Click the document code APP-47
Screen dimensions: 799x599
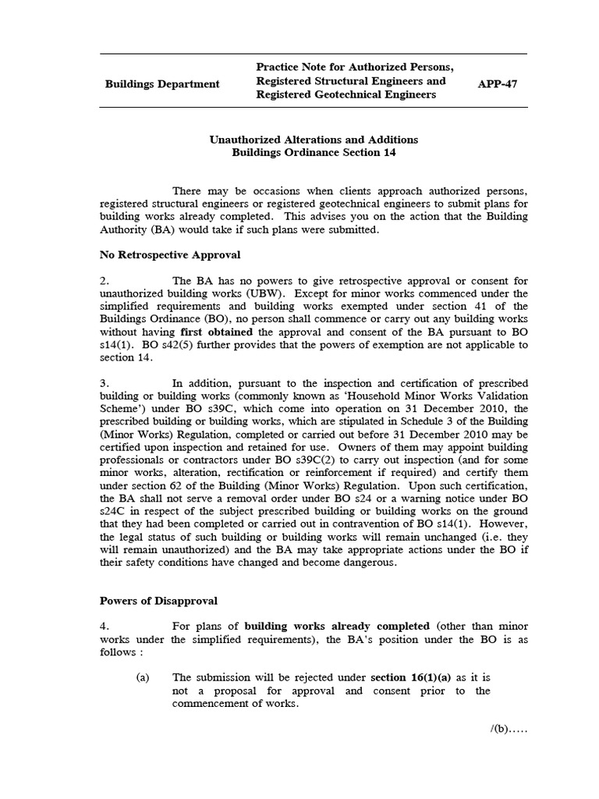click(499, 81)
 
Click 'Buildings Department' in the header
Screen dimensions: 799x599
click(162, 84)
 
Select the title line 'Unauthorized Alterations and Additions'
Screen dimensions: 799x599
click(314, 140)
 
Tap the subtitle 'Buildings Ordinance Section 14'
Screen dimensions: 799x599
click(314, 153)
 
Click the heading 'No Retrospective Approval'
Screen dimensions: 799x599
click(170, 254)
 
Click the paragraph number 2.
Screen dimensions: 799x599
click(105, 281)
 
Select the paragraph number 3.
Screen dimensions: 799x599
click(105, 383)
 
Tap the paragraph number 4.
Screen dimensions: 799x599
click(105, 626)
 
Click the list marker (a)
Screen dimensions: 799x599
click(143, 677)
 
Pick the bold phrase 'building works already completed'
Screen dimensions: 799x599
click(337, 626)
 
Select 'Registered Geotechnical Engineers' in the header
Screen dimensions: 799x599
click(346, 95)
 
